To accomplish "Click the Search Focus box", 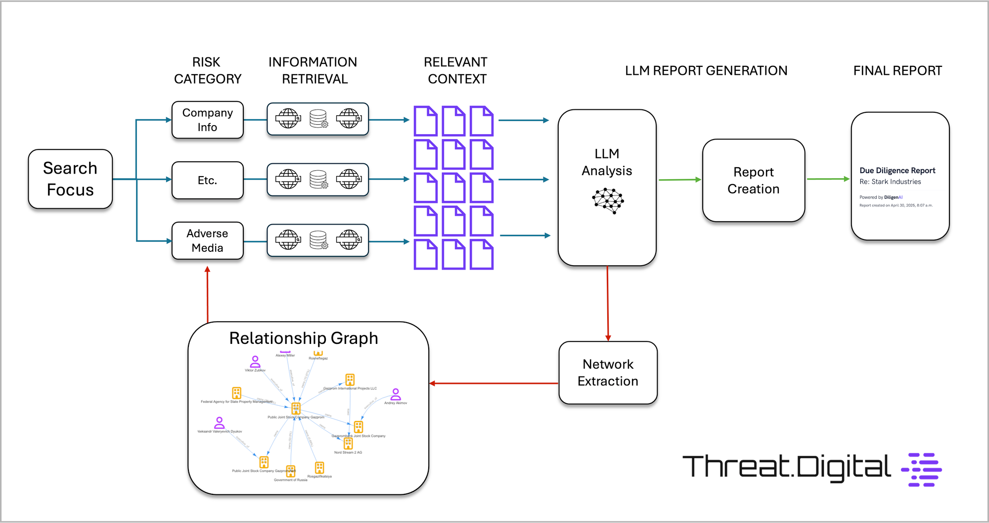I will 70,179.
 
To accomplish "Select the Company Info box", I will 207,120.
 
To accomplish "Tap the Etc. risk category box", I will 207,180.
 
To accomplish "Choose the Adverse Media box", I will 207,240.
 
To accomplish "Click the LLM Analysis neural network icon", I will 608,200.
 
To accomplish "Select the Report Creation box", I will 753,181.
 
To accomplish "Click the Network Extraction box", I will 608,373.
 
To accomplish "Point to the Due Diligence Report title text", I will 897,170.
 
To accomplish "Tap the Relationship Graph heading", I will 304,338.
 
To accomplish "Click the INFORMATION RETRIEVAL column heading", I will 313,70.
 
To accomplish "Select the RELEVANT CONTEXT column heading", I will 456,70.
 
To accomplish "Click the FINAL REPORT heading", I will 898,71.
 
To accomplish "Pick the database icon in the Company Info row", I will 318,119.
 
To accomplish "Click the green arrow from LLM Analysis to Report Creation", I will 679,180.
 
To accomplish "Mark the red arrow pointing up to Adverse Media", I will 207,294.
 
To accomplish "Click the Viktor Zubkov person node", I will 255,362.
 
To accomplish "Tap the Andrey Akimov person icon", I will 396,394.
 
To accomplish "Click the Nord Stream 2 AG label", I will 348,452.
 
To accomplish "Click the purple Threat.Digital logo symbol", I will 922,470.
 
